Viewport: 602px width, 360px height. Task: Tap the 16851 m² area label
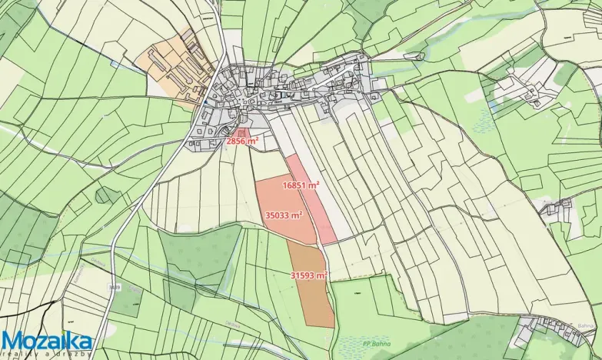pyautogui.click(x=301, y=185)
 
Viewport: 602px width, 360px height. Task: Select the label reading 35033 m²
pyautogui.click(x=282, y=216)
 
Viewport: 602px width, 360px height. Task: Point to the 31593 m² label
pyautogui.click(x=309, y=275)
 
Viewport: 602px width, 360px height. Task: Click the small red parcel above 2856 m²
pyautogui.click(x=241, y=132)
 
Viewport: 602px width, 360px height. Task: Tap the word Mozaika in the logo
pyautogui.click(x=47, y=340)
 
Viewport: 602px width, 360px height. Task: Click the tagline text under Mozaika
pyautogui.click(x=47, y=354)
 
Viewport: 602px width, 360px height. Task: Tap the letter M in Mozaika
pyautogui.click(x=13, y=341)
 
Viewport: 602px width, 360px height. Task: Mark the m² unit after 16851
pyautogui.click(x=314, y=185)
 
